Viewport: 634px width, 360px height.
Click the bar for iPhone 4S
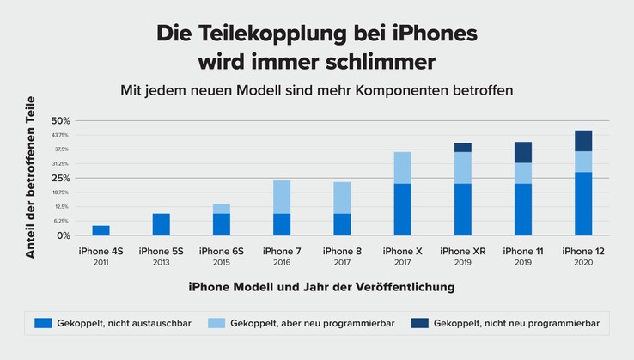click(x=101, y=230)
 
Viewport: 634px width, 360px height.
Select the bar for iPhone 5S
click(x=162, y=224)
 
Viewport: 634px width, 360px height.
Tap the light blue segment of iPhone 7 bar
click(x=282, y=197)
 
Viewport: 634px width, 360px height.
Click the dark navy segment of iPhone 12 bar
click(x=583, y=141)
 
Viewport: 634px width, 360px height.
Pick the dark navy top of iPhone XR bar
click(x=463, y=147)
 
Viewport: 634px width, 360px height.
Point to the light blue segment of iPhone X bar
click(x=402, y=168)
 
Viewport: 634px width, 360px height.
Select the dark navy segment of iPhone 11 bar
click(x=523, y=152)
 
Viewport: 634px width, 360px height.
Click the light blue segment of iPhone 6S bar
click(x=222, y=209)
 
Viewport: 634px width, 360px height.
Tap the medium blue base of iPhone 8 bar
click(x=342, y=224)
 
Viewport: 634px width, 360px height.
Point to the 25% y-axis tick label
click(x=60, y=178)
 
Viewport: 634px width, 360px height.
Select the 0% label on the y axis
click(x=62, y=235)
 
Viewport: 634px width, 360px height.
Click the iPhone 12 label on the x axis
click(x=583, y=251)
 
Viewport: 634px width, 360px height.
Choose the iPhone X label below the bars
click(x=402, y=251)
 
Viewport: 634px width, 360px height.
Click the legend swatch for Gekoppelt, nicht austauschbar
click(x=43, y=323)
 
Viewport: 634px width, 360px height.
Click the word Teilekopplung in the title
click(x=275, y=34)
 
